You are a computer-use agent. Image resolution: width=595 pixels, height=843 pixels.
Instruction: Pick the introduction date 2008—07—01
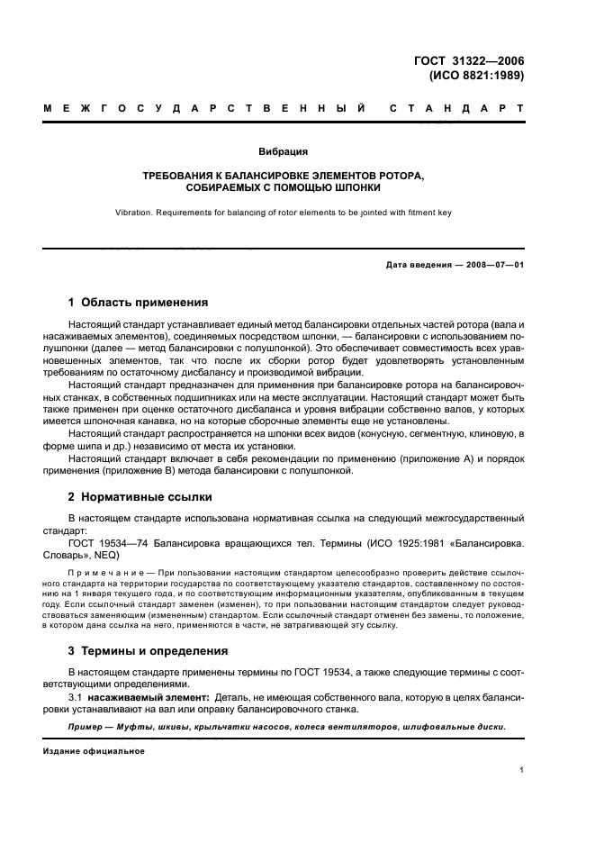pyautogui.click(x=493, y=265)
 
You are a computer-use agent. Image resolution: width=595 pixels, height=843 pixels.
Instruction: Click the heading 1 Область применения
pyautogui.click(x=139, y=303)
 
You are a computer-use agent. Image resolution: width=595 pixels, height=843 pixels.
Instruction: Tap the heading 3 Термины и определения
pyautogui.click(x=150, y=649)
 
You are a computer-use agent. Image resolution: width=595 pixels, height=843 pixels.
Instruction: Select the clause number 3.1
pyautogui.click(x=76, y=697)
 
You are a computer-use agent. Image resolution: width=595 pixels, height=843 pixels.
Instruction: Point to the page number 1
pyautogui.click(x=522, y=771)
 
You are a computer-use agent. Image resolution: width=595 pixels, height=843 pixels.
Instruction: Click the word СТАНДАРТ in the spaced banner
pyautogui.click(x=456, y=110)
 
